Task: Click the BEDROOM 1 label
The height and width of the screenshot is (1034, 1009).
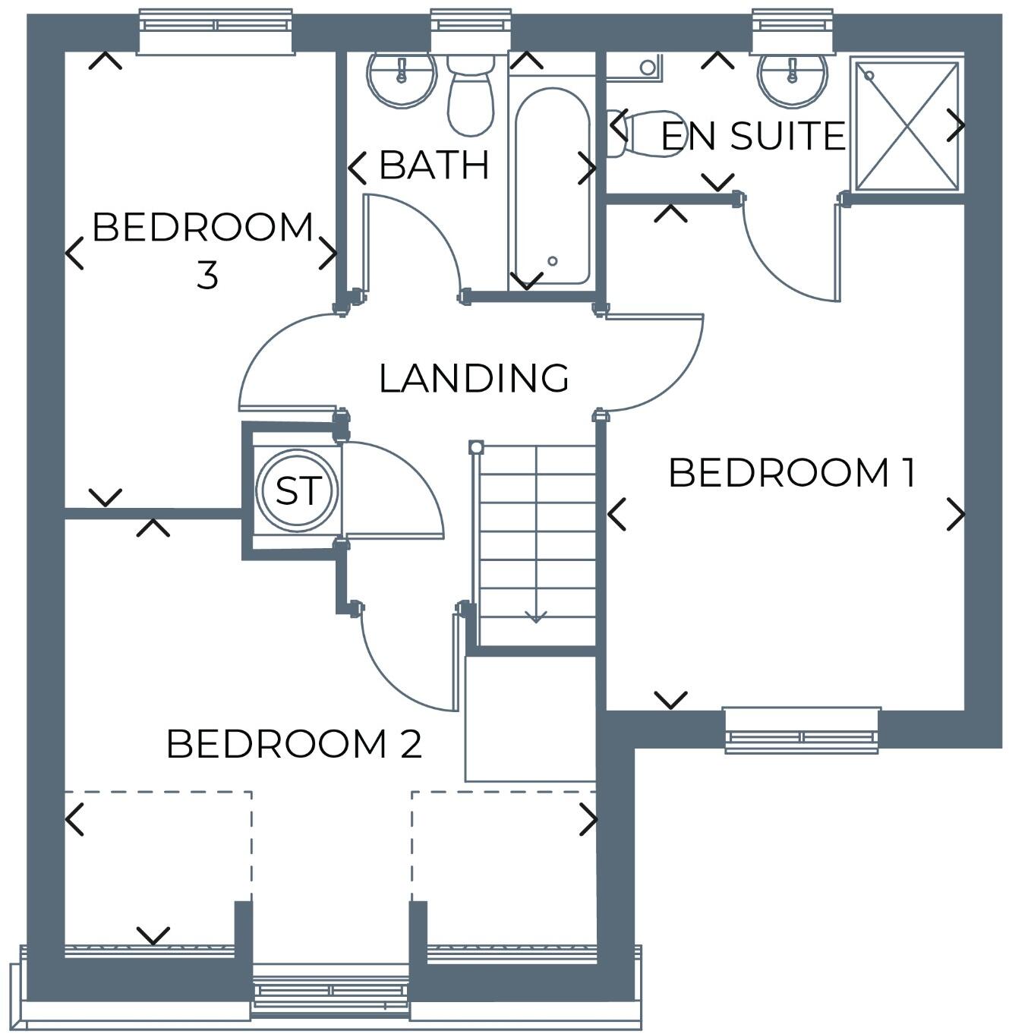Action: (x=792, y=472)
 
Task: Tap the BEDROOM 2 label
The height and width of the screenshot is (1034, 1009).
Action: (x=293, y=744)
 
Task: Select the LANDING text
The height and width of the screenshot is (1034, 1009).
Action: (x=474, y=378)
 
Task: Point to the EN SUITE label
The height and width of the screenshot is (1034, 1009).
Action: (x=752, y=136)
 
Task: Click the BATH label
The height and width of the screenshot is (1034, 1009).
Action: (x=434, y=165)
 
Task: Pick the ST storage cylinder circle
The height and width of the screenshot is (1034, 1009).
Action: (x=295, y=490)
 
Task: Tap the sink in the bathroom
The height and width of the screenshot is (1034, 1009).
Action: (x=401, y=77)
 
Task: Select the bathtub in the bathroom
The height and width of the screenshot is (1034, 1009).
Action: (x=552, y=186)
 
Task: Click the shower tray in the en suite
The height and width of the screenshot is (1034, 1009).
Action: (x=907, y=125)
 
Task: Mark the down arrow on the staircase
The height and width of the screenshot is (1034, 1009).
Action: (x=536, y=616)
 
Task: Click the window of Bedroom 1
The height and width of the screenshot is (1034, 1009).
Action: (x=802, y=730)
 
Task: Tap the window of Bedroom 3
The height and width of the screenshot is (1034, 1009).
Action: (x=216, y=32)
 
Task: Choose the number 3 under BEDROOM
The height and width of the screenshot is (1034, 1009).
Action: (x=207, y=275)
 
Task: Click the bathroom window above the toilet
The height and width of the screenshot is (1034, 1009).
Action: (x=470, y=30)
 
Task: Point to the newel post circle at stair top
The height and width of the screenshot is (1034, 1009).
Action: (x=476, y=447)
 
